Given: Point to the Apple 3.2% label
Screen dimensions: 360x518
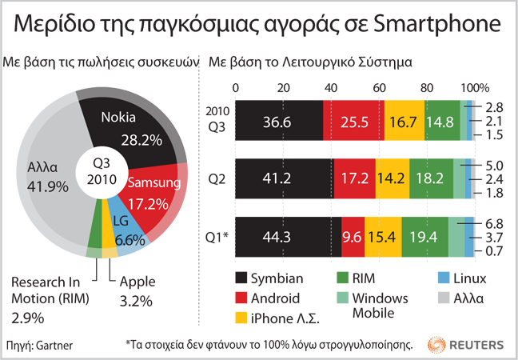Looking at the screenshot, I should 136,292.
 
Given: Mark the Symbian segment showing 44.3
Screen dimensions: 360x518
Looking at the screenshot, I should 288,236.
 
